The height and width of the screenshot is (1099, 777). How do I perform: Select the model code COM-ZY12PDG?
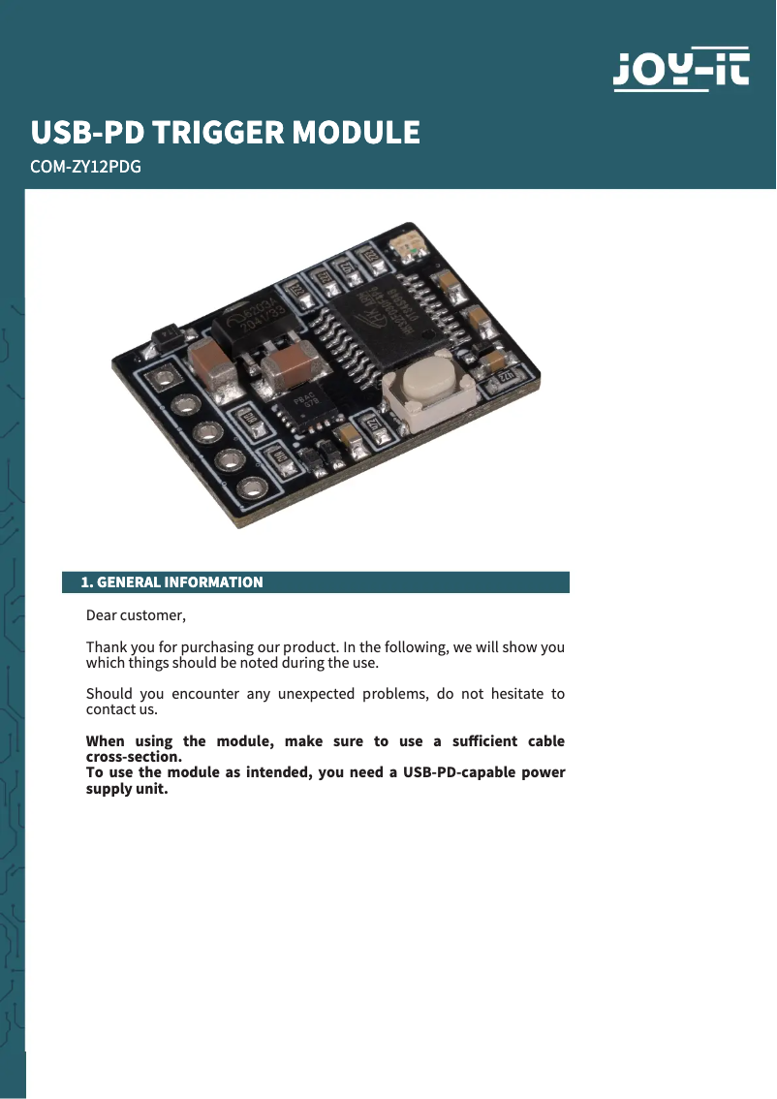(86, 167)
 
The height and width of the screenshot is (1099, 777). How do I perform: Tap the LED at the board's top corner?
(404, 248)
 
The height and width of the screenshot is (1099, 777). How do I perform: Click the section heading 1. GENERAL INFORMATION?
(171, 582)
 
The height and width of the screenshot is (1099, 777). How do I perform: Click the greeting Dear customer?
(135, 615)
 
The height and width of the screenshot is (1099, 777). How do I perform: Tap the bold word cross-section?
(134, 757)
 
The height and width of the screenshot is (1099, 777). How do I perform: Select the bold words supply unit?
(127, 789)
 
